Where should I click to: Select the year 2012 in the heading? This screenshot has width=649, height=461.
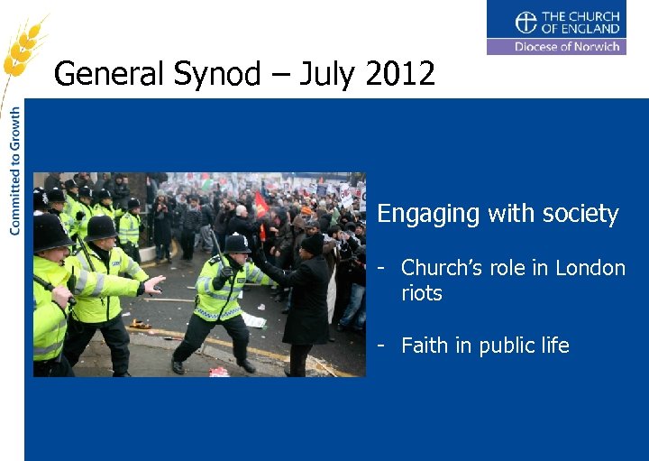point(400,73)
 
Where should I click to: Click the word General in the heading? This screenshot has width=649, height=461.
point(107,73)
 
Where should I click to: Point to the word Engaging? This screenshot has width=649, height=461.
point(428,215)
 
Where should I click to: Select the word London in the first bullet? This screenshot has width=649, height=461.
point(590,268)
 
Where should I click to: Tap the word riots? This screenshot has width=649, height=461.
point(422,293)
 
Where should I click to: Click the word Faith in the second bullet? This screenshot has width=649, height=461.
point(425,346)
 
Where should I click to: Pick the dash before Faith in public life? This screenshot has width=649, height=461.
point(382,346)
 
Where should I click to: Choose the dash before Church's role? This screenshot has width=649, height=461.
point(382,268)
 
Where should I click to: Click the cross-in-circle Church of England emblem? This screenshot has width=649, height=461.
point(526,22)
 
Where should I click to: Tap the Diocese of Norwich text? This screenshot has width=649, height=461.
point(567,47)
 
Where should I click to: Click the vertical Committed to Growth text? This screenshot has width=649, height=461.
point(14,171)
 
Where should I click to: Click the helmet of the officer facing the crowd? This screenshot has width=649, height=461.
point(237,243)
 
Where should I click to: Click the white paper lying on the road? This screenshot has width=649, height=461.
point(254,321)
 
